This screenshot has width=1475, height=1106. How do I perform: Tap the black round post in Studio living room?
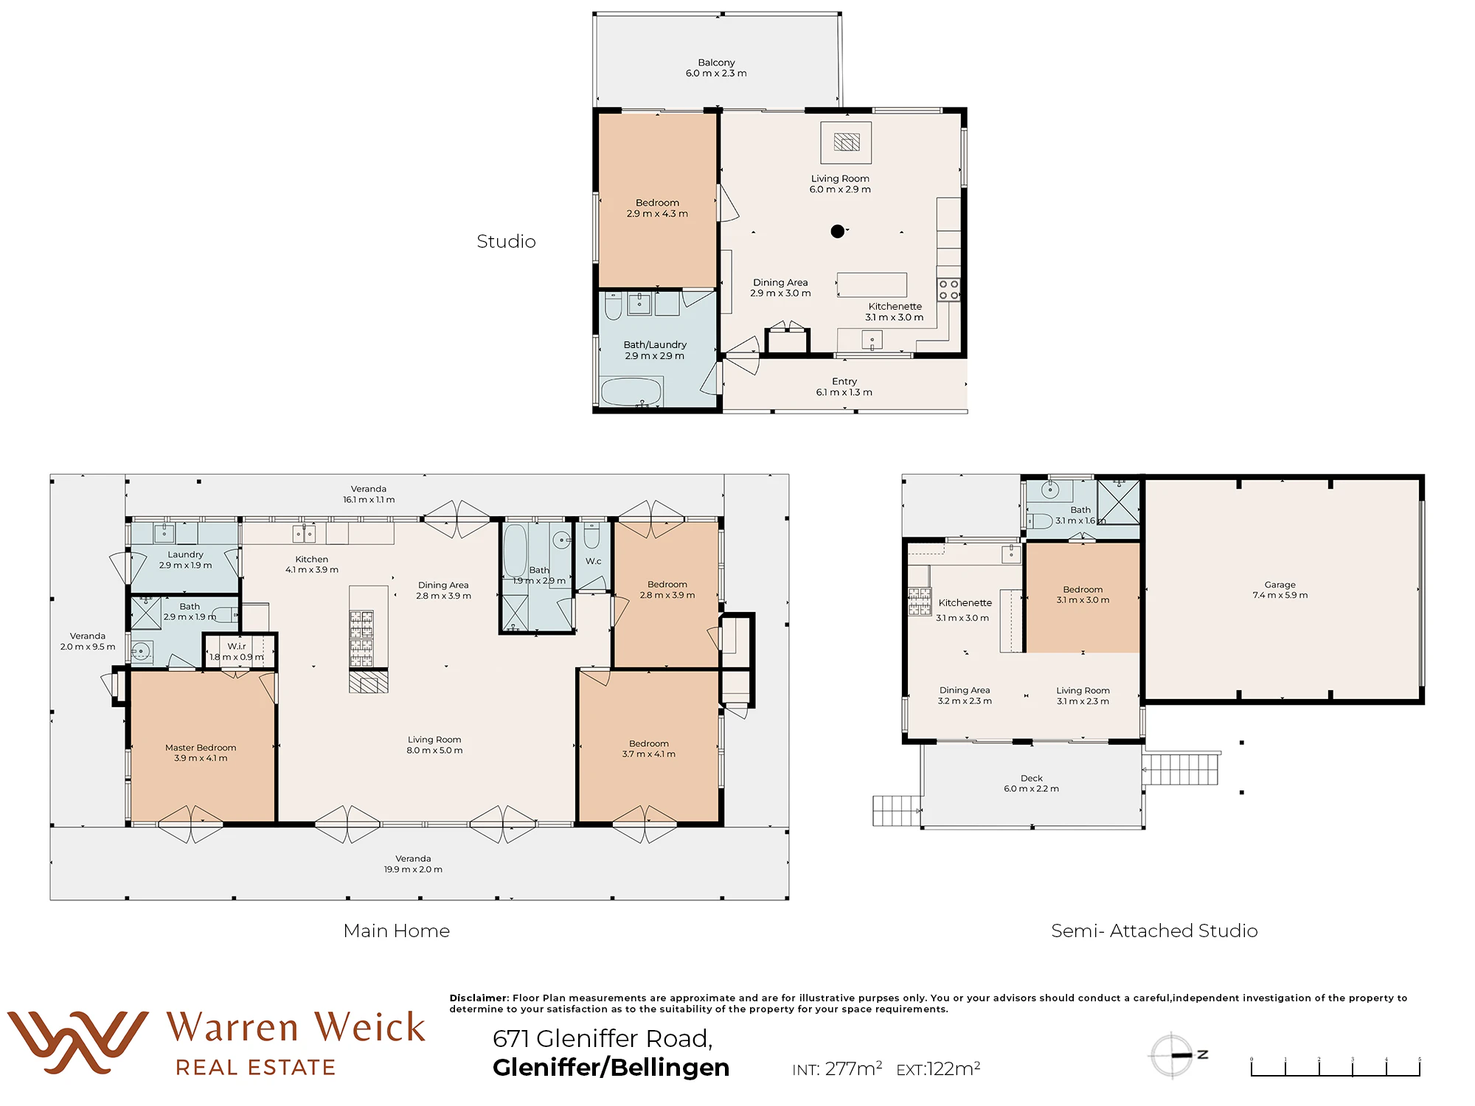tap(837, 232)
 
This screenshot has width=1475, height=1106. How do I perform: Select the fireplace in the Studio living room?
tap(846, 142)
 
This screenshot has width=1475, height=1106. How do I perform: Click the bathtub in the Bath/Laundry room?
tap(631, 392)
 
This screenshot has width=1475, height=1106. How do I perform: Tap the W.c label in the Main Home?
tap(594, 561)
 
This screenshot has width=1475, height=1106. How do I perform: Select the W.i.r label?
tap(237, 646)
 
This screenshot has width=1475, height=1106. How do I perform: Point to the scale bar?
tap(1336, 1067)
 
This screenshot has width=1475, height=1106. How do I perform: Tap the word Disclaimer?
tap(479, 998)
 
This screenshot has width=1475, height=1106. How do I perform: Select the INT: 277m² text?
tap(837, 1068)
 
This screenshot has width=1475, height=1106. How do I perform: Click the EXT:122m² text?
tap(938, 1068)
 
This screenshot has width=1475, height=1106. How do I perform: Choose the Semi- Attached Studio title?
tap(1154, 931)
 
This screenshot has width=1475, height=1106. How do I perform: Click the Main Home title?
tap(397, 931)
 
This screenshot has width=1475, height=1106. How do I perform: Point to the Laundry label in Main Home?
tap(185, 554)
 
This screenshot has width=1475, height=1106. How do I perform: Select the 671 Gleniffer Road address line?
tap(603, 1038)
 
